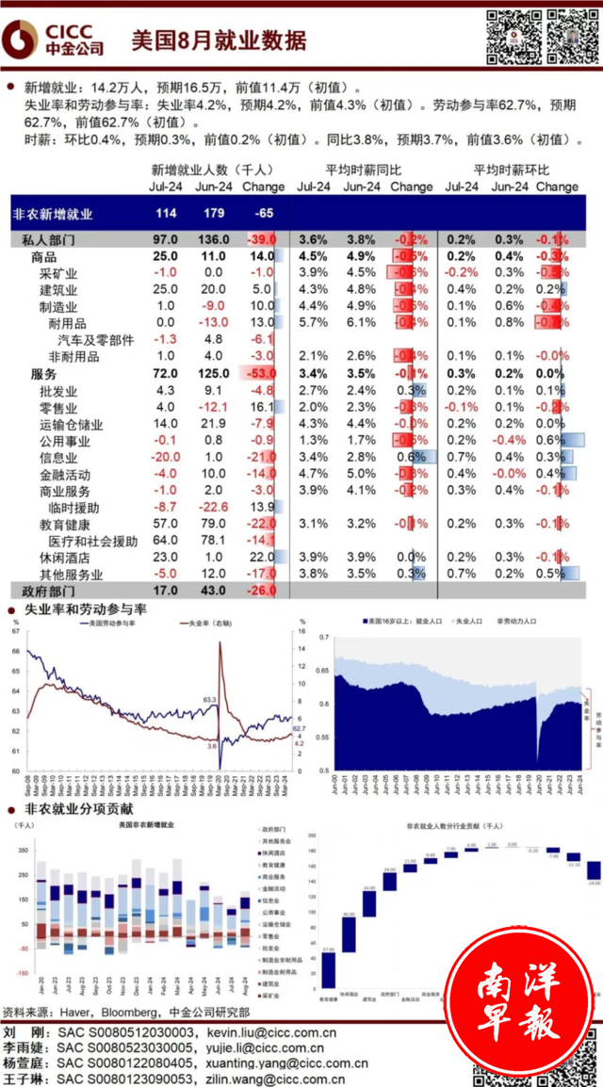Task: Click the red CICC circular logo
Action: [x=22, y=39]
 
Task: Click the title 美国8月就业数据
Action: [x=219, y=39]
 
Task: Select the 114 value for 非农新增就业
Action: [x=165, y=214]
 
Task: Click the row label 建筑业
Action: [x=58, y=289]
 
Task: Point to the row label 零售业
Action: [x=58, y=406]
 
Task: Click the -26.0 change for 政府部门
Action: [x=257, y=591]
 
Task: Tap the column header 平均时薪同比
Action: [x=363, y=170]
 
